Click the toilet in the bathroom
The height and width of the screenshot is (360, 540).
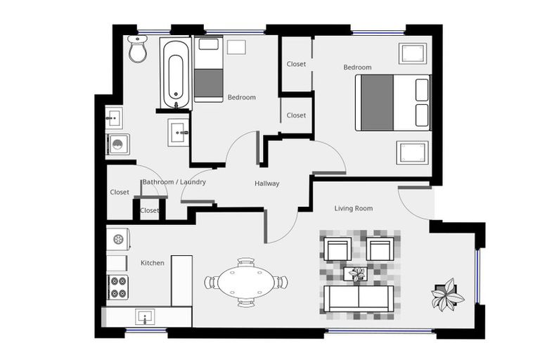pyautogui.click(x=138, y=49)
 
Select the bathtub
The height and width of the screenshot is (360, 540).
pyautogui.click(x=175, y=73)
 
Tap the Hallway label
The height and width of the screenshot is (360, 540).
pyautogui.click(x=266, y=184)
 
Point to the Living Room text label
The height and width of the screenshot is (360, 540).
pyautogui.click(x=353, y=208)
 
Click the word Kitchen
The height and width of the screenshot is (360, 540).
pyautogui.click(x=153, y=263)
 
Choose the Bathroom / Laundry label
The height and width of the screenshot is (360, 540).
pyautogui.click(x=174, y=182)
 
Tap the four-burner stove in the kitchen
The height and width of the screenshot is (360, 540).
pyautogui.click(x=118, y=287)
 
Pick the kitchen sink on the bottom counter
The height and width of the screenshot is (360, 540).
pyautogui.click(x=146, y=316)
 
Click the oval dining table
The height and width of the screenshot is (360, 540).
pyautogui.click(x=245, y=283)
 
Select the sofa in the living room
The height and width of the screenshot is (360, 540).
pyautogui.click(x=359, y=298)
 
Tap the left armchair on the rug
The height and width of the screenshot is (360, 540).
pyautogui.click(x=337, y=248)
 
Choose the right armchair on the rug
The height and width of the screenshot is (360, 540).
pyautogui.click(x=381, y=248)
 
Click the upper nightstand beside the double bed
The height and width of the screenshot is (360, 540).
pyautogui.click(x=412, y=53)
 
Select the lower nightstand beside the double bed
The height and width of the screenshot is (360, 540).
pyautogui.click(x=412, y=153)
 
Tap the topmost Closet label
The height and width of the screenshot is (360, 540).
pyautogui.click(x=296, y=64)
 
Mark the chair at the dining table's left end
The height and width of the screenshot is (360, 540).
pyautogui.click(x=210, y=283)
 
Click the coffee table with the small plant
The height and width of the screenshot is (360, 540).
pyautogui.click(x=359, y=273)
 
